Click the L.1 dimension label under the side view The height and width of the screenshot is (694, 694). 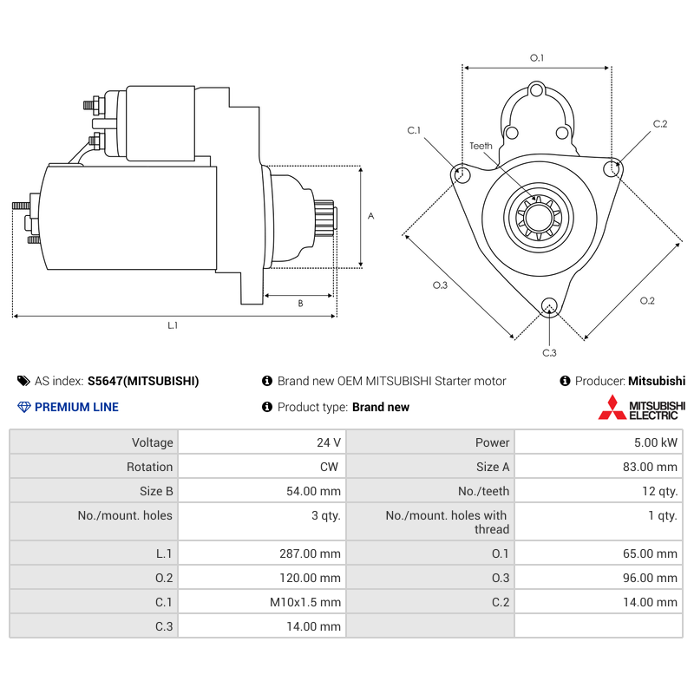coord(173,325)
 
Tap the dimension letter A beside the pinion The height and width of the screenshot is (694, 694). coord(370,216)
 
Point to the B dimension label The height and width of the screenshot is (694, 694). coord(300,304)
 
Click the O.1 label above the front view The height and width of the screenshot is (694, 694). coord(537,58)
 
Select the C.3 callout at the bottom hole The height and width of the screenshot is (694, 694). coord(549,352)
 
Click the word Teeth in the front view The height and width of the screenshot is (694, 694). coord(481,146)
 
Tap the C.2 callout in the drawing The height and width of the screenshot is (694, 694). coord(659,124)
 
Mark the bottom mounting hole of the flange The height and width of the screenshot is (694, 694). coord(548,304)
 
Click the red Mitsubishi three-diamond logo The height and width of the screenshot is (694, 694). coord(612,408)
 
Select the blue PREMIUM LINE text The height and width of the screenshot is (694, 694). coord(76,407)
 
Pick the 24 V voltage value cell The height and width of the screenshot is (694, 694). coord(329,442)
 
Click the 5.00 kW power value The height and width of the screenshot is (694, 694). coord(657,442)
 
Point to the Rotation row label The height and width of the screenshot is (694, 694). coord(149,467)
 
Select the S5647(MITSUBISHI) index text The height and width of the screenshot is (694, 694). coord(143,381)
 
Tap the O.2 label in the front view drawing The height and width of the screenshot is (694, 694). coord(647,301)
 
